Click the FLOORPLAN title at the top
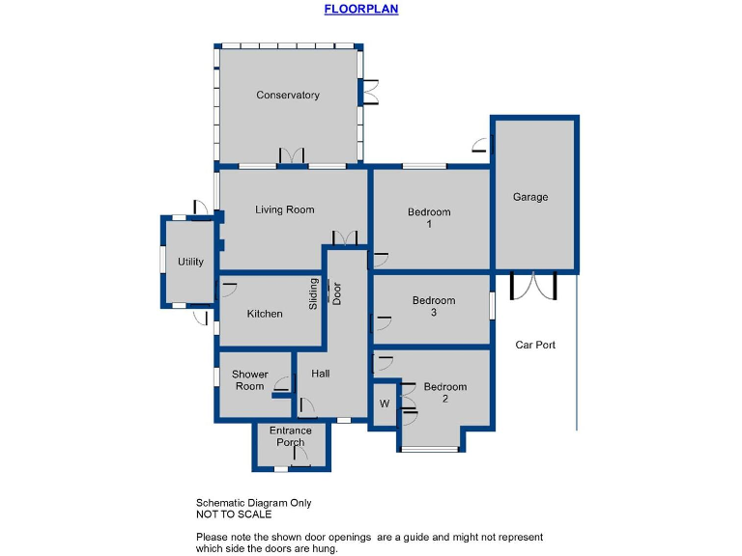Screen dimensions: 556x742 (360, 9)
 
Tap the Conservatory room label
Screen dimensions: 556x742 (288, 95)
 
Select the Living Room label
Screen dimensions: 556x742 (284, 209)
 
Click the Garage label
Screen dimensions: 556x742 (529, 197)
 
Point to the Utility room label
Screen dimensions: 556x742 (190, 262)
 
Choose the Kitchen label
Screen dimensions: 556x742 (265, 314)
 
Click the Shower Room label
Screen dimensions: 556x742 (249, 380)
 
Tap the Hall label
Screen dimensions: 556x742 (321, 374)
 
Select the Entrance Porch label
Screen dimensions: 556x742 (291, 436)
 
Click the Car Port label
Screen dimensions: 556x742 (534, 345)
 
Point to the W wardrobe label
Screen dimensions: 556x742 (384, 403)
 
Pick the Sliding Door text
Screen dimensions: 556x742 (325, 292)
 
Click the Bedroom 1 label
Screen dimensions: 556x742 (429, 218)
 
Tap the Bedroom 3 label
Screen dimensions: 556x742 (434, 306)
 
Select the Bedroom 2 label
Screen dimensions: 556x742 (444, 392)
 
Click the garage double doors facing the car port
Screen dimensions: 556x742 (533, 286)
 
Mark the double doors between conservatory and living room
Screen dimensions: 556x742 (292, 157)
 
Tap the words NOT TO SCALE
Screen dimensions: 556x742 (234, 514)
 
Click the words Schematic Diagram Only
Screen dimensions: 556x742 (253, 503)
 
